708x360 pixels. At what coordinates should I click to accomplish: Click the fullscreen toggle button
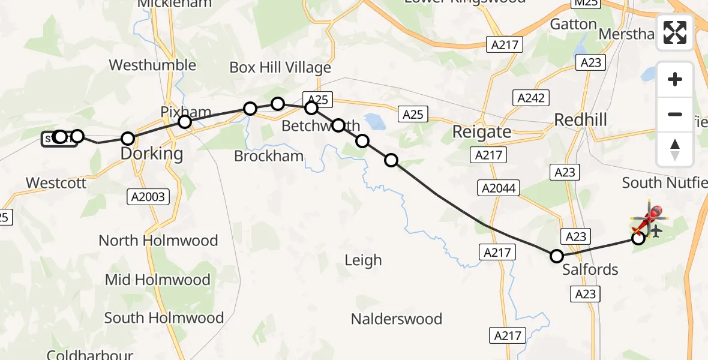[x=675, y=32]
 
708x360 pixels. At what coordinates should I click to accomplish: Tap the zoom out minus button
[x=675, y=114]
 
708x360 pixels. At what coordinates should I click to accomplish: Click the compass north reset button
[x=675, y=149]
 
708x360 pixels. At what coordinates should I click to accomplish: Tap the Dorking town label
[x=152, y=154]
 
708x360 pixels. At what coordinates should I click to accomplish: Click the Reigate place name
[x=481, y=131]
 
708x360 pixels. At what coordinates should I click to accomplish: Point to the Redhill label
[x=580, y=120]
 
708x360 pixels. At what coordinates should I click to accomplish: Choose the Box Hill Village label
[x=280, y=68]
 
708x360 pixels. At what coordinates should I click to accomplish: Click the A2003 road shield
[x=148, y=197]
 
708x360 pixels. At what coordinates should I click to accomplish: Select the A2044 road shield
[x=499, y=188]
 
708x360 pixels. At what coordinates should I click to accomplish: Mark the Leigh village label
[x=363, y=260]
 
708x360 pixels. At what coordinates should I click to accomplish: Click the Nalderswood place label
[x=397, y=319]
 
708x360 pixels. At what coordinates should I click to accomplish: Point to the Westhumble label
[x=152, y=65]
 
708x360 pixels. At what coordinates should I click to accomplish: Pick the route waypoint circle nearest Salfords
[x=557, y=256]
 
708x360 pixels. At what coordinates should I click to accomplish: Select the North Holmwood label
[x=158, y=241]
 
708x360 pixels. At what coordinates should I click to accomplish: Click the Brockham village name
[x=269, y=157]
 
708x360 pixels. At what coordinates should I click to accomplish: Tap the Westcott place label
[x=56, y=183]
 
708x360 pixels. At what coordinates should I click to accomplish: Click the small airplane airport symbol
[x=655, y=230]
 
